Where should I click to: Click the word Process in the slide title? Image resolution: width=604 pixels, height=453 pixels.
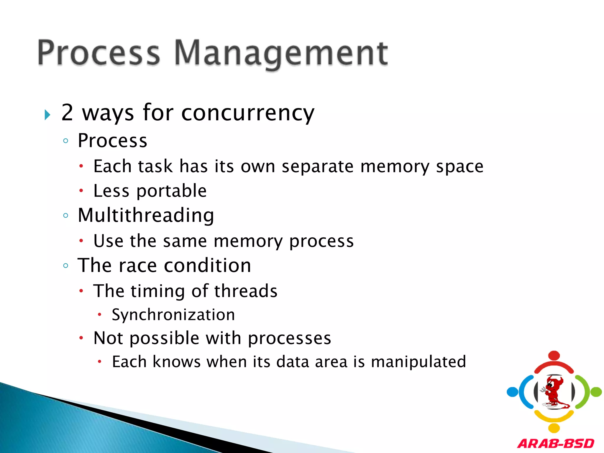click(x=99, y=53)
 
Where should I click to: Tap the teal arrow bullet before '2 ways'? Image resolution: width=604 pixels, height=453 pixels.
click(x=47, y=115)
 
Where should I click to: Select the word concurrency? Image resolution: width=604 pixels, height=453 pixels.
click(x=248, y=113)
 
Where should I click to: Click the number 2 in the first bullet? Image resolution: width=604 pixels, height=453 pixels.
click(x=67, y=112)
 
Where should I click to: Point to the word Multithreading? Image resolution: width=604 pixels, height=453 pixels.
click(x=146, y=215)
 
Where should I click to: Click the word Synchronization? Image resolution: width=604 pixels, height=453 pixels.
click(x=173, y=315)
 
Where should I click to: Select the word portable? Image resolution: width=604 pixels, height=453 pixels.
click(x=171, y=191)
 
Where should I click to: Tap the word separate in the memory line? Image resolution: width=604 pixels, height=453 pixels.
click(x=317, y=167)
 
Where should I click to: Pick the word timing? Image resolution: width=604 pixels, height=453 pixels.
click(x=157, y=291)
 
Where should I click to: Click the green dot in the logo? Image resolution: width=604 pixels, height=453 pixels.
click(x=596, y=392)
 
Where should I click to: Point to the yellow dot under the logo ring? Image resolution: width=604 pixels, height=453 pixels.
click(x=554, y=428)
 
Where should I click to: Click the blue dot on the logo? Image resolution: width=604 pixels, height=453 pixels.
click(x=513, y=392)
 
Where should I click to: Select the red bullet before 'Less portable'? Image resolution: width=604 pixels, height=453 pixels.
click(x=81, y=191)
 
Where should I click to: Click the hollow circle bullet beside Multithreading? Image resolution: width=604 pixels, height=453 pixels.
click(x=66, y=216)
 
